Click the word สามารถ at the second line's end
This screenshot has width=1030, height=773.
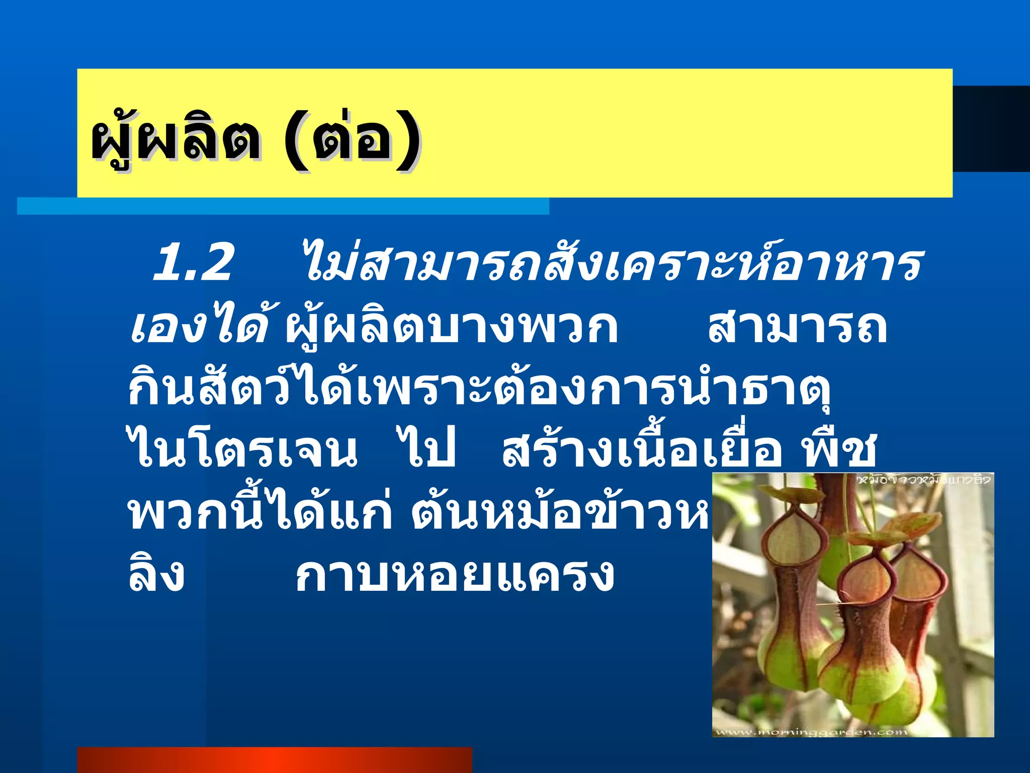tap(798, 327)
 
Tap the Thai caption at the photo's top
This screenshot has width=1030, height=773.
tap(923, 480)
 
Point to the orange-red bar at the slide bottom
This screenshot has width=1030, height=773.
tap(275, 760)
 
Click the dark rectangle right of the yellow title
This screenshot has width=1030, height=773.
tap(991, 129)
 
